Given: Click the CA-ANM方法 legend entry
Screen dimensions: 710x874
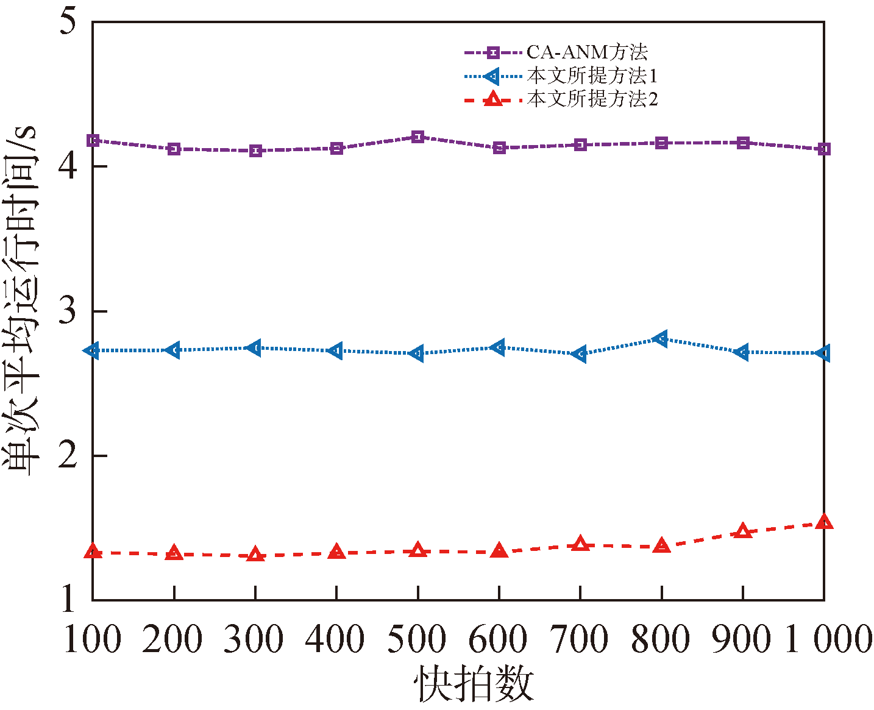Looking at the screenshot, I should [x=586, y=52].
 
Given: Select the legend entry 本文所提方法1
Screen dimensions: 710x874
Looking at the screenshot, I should [x=591, y=76].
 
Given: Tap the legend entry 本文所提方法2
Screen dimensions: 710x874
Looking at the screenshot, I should [x=591, y=99].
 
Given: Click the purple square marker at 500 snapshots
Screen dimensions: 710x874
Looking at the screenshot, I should [x=417, y=137].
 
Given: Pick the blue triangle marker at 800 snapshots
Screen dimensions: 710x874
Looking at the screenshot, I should [x=661, y=339].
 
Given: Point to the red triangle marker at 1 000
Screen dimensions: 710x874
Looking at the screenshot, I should [x=824, y=522].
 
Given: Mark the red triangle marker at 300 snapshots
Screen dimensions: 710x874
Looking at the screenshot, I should [x=255, y=555].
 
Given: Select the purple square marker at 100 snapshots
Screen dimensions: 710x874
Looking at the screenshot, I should [x=93, y=141].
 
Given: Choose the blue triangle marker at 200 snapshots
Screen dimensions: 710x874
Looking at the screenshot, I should [x=174, y=350].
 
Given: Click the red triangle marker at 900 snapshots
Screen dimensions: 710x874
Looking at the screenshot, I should [x=742, y=531].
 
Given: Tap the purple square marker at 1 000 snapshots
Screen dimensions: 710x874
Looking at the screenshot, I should [x=824, y=149].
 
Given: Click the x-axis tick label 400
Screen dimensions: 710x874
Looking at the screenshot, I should [x=335, y=640].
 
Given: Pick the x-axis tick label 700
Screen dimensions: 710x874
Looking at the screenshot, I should [x=580, y=640].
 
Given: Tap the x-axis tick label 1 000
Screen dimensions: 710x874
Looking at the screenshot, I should [x=828, y=640].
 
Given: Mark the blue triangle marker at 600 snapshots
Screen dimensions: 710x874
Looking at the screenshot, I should [x=499, y=347].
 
